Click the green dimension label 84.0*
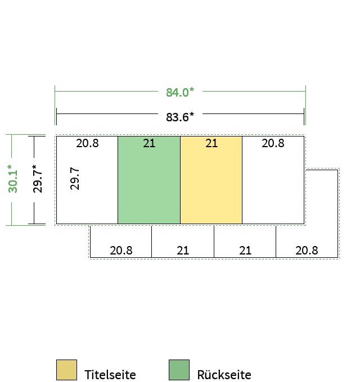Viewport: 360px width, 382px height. [180, 92]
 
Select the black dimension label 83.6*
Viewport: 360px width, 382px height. [180, 117]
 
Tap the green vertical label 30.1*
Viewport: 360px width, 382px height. [13, 179]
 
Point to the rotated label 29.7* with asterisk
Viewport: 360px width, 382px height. [37, 179]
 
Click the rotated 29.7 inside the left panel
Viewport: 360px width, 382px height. [75, 179]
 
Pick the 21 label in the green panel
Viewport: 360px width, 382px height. [149, 143]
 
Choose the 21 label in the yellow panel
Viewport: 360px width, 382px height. [211, 143]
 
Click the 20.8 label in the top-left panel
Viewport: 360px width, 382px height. [87, 143]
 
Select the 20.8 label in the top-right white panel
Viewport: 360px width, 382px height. [273, 143]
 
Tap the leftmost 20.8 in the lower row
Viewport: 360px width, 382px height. [121, 251]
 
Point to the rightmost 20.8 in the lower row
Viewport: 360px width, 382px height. [307, 251]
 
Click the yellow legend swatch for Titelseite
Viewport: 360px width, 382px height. [66, 370]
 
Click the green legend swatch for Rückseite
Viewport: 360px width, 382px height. [179, 370]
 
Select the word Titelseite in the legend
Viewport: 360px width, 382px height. [110, 375]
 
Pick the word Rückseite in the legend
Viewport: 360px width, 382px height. [224, 375]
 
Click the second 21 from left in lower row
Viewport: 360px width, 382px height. [183, 251]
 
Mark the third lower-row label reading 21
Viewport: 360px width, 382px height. [245, 251]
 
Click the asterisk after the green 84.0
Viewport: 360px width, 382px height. [192, 89]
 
